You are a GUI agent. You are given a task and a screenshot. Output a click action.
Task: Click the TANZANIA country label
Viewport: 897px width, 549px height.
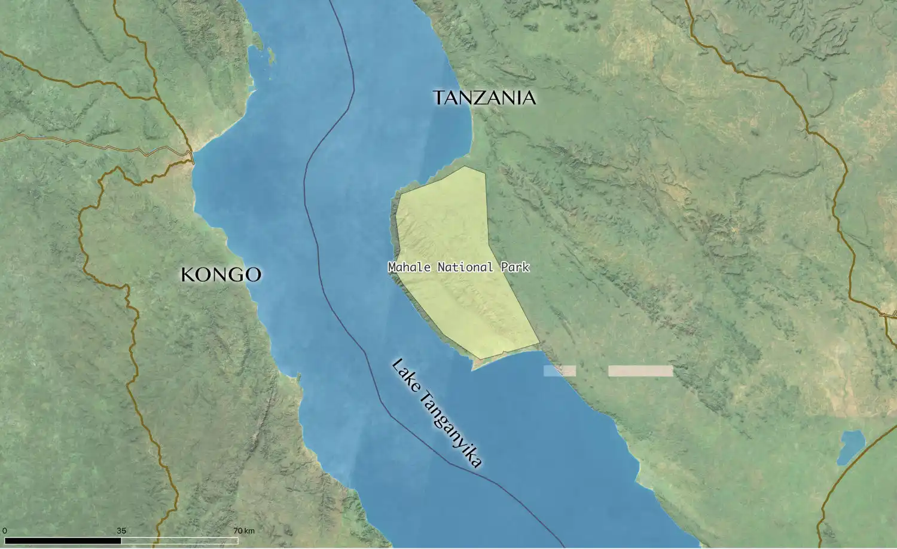tap(484, 97)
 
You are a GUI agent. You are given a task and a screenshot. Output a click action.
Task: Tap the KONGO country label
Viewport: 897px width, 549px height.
tap(221, 275)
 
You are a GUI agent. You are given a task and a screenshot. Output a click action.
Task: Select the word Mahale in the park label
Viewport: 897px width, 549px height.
tap(409, 267)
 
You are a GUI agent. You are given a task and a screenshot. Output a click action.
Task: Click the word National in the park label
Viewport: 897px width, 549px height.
tap(465, 267)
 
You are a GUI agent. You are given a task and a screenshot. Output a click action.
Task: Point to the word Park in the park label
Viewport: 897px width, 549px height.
tap(515, 267)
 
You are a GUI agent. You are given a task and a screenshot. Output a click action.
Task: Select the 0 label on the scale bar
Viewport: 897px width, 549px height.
tap(5, 530)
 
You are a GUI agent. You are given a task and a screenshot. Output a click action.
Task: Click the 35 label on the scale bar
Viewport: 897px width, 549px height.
tap(121, 530)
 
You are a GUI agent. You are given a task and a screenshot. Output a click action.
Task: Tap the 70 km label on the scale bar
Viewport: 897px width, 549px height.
tap(244, 530)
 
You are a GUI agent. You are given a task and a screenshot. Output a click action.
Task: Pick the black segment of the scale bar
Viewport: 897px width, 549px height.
tap(63, 541)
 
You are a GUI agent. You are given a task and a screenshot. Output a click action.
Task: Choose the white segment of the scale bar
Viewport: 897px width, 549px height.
tap(179, 541)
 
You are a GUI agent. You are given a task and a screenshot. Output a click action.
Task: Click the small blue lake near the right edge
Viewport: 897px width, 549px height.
tap(851, 446)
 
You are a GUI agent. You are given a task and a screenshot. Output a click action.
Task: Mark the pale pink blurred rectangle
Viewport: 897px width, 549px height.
tap(640, 371)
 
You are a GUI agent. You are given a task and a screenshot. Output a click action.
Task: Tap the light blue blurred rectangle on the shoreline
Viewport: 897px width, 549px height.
tap(559, 371)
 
